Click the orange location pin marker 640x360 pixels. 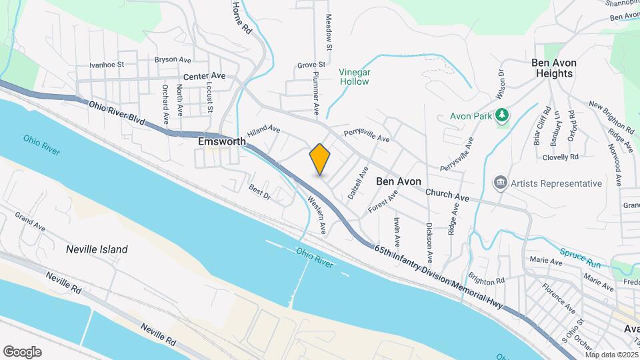click(320, 159)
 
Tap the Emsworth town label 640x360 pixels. click(218, 142)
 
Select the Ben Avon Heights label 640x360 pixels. click(553, 68)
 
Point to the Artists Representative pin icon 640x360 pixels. click(499, 183)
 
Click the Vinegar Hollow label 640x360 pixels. click(354, 77)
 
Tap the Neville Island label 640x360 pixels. click(97, 249)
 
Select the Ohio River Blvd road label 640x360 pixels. click(118, 111)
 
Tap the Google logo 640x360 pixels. click(22, 351)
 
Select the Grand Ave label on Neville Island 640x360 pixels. click(30, 223)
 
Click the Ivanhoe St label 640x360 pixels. click(107, 65)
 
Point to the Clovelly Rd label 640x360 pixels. click(559, 157)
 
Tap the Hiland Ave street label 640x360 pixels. click(263, 130)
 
